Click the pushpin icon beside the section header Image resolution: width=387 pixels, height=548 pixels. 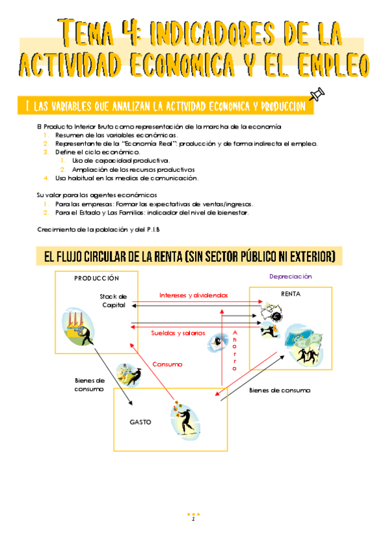[x=317, y=94]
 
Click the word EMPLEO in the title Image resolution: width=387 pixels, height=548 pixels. [x=333, y=65]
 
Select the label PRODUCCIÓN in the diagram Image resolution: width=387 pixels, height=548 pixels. [x=96, y=278]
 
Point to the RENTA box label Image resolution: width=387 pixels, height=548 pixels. [x=291, y=294]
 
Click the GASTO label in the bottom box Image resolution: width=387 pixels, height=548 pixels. [x=140, y=422]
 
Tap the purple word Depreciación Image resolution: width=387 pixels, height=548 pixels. [x=291, y=277]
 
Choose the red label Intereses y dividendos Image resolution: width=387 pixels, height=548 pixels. [x=194, y=295]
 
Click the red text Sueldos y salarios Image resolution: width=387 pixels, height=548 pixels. [x=178, y=333]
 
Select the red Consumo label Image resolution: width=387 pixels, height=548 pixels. [x=167, y=364]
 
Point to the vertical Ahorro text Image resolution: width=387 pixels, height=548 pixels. [x=235, y=350]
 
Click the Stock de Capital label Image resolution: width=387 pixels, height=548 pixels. [x=113, y=300]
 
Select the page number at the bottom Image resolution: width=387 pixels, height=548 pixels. [x=193, y=520]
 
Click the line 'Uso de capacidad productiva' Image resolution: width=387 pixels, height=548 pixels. [x=121, y=161]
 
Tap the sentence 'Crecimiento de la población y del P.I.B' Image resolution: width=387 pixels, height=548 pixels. [x=98, y=229]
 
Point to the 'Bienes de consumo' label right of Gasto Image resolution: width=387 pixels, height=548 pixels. [x=280, y=390]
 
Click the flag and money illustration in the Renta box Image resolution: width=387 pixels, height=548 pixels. [x=303, y=344]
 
